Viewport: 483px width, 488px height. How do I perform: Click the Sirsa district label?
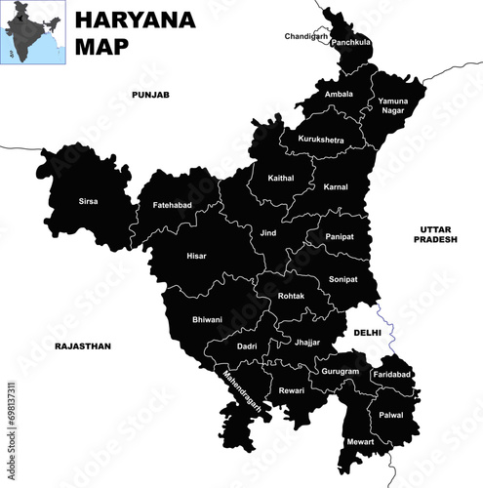coord(88,202)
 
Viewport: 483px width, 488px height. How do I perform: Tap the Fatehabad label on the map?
coord(172,206)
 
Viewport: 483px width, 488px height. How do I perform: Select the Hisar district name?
coord(196,256)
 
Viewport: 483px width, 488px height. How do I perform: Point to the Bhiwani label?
coord(207,319)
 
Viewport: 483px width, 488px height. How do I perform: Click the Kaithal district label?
coord(280,178)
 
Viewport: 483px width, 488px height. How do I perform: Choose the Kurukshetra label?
coord(321,141)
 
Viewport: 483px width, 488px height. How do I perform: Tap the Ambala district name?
coord(339,94)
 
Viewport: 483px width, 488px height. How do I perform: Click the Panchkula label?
coord(351,43)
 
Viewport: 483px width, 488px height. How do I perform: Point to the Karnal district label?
coord(336,186)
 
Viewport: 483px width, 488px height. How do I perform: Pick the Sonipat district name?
coord(342,279)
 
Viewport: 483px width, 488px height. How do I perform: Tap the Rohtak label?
coord(290,296)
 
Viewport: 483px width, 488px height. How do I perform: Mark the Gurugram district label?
coord(340,372)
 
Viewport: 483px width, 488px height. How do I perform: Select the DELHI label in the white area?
coord(367,333)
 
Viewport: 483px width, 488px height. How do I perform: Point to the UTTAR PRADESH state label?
coord(433,233)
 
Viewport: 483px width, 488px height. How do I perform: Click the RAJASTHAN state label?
coord(83,346)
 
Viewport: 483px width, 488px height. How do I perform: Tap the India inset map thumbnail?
coord(31,31)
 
